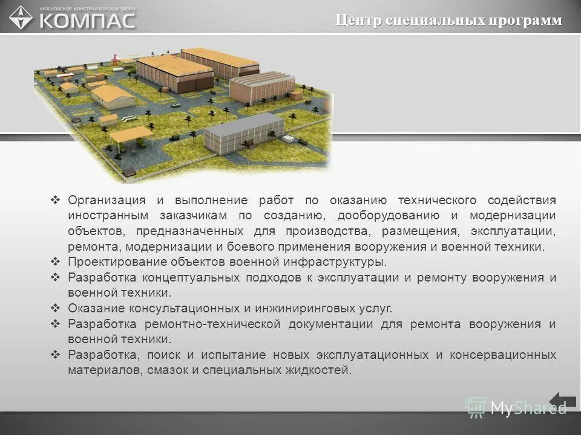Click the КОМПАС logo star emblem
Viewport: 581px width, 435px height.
[21, 17]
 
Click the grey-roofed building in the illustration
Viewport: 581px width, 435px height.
[243, 132]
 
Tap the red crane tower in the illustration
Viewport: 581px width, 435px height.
[114, 59]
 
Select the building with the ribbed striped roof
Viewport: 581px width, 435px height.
[261, 86]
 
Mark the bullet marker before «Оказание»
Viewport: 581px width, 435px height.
[55, 308]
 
